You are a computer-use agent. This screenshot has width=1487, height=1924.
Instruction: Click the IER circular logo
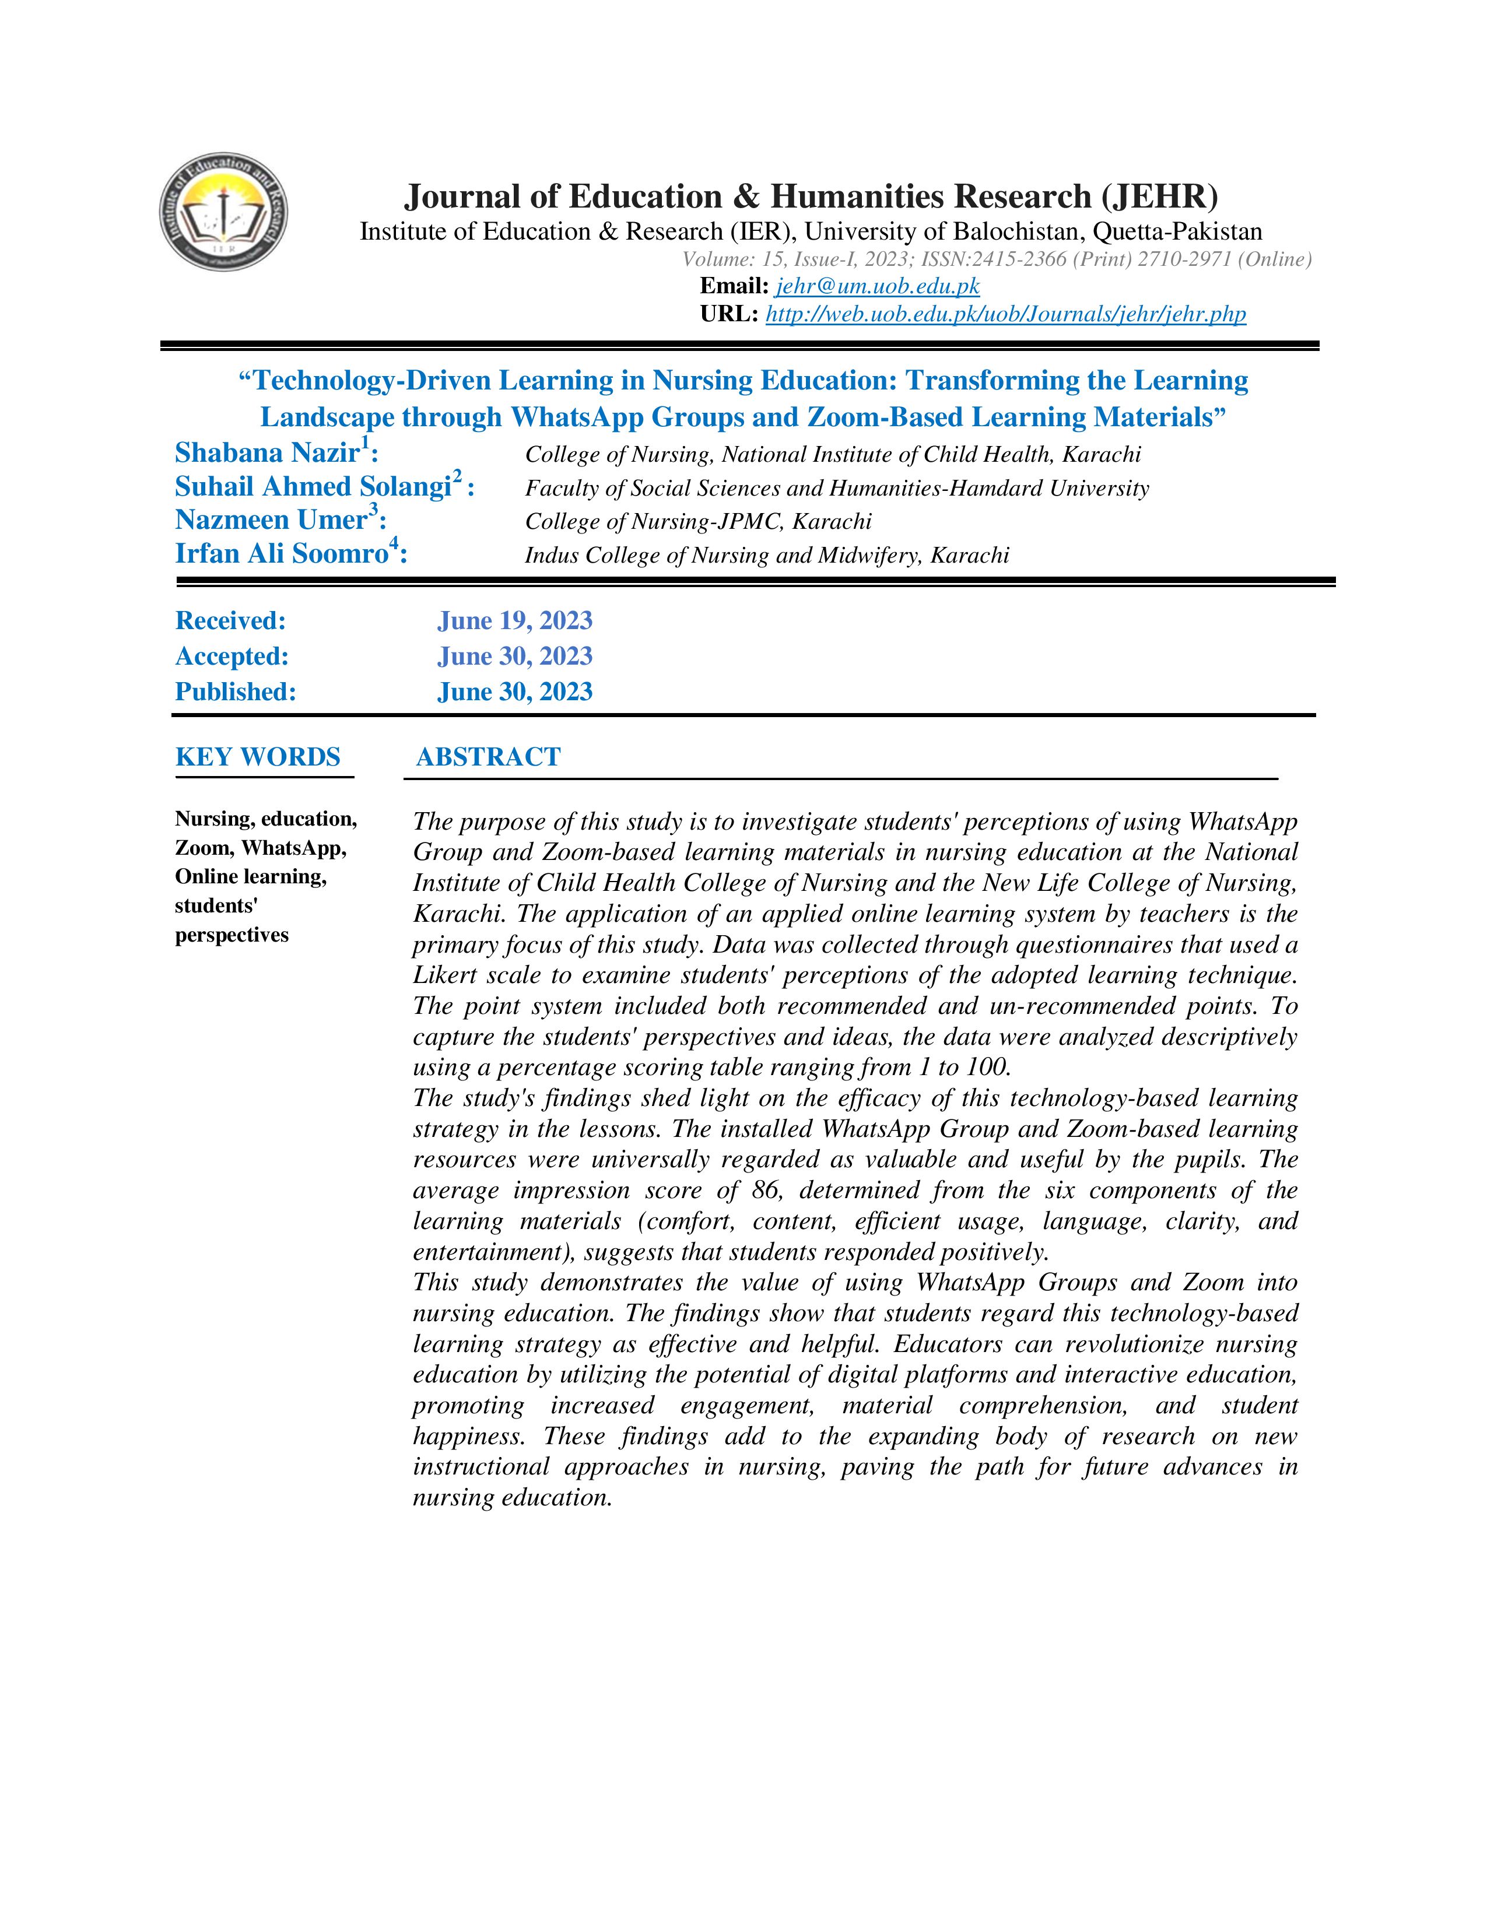(224, 212)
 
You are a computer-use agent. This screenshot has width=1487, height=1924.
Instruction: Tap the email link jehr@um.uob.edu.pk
(878, 286)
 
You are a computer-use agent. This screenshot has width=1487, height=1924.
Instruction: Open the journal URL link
(1005, 314)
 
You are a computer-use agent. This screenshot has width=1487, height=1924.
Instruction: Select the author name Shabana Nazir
(267, 453)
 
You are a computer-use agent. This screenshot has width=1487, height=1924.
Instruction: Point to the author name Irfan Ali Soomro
(281, 554)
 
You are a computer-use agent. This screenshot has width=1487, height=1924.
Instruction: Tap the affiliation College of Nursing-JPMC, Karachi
(697, 522)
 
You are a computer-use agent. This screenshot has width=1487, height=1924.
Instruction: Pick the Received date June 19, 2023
(514, 621)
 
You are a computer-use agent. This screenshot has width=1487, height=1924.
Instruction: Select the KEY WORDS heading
(257, 757)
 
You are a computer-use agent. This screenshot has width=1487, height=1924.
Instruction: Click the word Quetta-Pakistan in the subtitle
(1177, 231)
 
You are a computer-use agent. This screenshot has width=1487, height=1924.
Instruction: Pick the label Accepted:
(232, 656)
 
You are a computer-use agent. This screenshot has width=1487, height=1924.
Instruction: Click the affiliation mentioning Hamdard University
(836, 488)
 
